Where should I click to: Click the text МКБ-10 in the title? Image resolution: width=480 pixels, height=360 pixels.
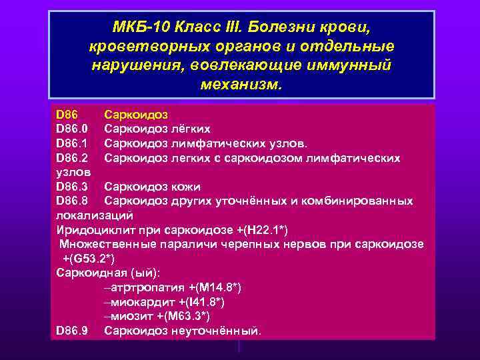pyautogui.click(x=139, y=28)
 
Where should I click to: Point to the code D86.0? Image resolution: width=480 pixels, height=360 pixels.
pyautogui.click(x=72, y=129)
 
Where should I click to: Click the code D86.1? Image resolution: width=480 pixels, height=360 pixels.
pyautogui.click(x=72, y=143)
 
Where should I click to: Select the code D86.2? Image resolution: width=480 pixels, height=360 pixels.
pyautogui.click(x=72, y=158)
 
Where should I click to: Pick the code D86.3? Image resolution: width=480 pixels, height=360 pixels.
pyautogui.click(x=72, y=187)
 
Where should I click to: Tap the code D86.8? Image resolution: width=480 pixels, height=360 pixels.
pyautogui.click(x=72, y=201)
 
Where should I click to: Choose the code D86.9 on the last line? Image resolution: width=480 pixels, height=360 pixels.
pyautogui.click(x=72, y=330)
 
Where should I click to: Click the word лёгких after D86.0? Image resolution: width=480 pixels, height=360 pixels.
pyautogui.click(x=189, y=129)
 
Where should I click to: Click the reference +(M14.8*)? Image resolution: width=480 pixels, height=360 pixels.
pyautogui.click(x=215, y=287)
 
